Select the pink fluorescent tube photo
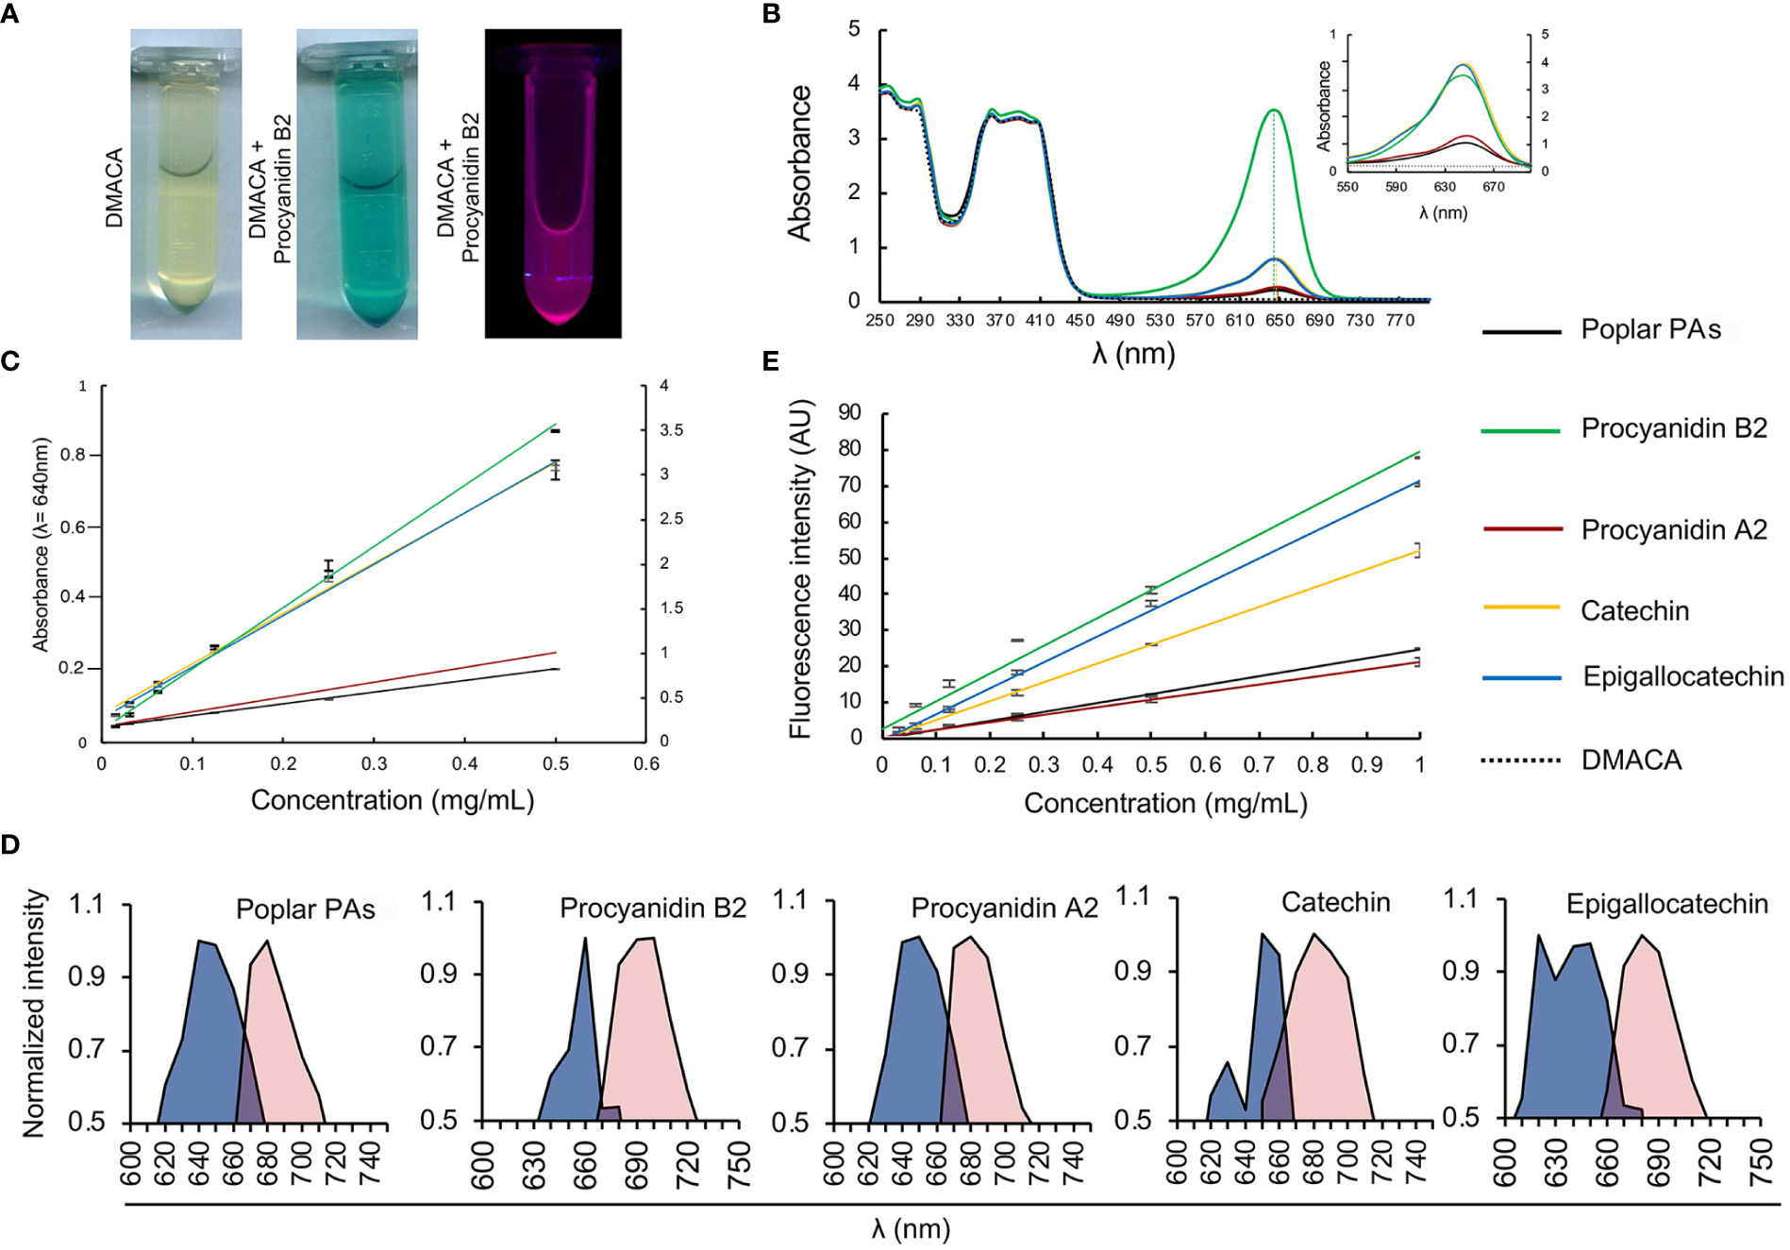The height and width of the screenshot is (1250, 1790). [553, 184]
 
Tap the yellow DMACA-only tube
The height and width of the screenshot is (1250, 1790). [186, 184]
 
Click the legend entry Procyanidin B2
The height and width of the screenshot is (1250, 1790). [1673, 428]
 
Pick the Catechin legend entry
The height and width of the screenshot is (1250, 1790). [1634, 611]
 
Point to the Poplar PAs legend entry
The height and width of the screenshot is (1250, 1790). [1650, 329]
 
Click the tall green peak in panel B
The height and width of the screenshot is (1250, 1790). [1274, 113]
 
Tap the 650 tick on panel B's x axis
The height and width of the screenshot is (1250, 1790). [1280, 321]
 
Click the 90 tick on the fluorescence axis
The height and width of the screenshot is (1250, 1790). [849, 413]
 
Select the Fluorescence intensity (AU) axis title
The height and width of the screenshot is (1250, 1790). [801, 569]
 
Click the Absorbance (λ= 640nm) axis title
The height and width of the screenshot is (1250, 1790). [41, 544]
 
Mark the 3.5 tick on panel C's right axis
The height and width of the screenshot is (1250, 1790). [671, 430]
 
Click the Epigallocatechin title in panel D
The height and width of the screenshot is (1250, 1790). [1666, 904]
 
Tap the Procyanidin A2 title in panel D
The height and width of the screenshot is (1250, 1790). [1004, 908]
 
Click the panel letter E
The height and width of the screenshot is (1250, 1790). [771, 361]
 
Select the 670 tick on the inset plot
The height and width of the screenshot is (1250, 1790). [1493, 187]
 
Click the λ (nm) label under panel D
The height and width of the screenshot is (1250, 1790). [911, 1229]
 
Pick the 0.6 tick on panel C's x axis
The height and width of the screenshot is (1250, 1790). [646, 764]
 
